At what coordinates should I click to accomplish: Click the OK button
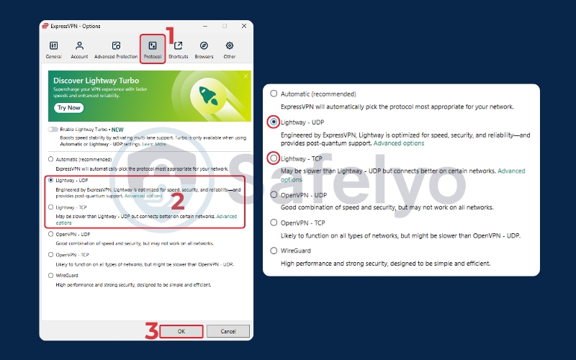181,331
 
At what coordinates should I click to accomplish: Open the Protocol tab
152,49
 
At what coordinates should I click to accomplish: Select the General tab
53,49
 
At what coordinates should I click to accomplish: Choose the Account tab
79,49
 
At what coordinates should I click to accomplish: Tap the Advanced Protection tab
115,49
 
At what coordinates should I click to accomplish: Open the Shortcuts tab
178,49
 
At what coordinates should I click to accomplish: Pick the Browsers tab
204,49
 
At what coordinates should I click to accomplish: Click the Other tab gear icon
230,45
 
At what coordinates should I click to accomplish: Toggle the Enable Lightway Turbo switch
53,129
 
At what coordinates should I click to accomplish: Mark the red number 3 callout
151,331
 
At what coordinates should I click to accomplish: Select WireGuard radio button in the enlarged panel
273,251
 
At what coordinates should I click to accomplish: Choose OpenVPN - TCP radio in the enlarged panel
273,222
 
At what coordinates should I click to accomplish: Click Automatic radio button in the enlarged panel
273,94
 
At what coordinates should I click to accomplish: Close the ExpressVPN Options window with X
241,26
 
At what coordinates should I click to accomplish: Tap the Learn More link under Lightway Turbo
154,144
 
